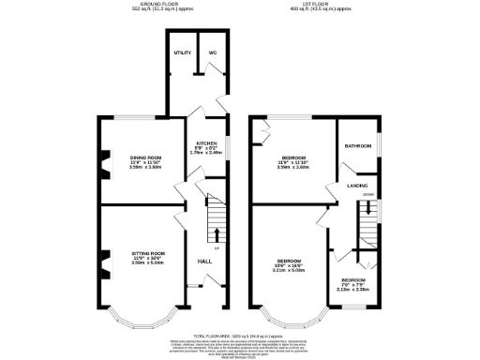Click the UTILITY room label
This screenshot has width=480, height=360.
(182, 54)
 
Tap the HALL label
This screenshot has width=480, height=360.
(204, 261)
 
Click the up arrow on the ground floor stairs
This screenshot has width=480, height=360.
(217, 233)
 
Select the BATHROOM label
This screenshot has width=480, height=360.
(358, 147)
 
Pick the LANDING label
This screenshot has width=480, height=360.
(357, 186)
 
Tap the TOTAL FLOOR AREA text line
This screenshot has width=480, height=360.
(240, 334)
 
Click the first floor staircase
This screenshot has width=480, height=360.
(366, 220)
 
